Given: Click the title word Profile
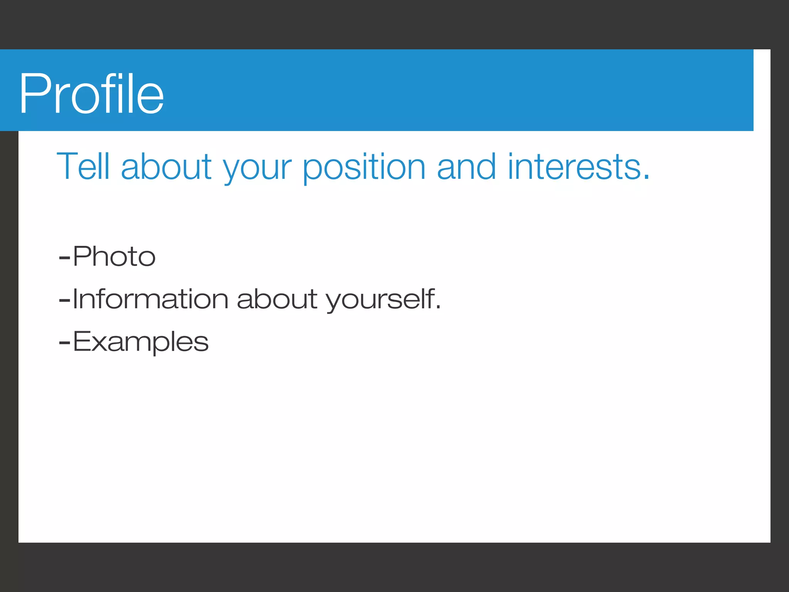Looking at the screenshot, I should tap(92, 94).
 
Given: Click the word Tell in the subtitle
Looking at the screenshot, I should tap(83, 166).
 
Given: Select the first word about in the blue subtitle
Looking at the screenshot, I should tap(166, 166).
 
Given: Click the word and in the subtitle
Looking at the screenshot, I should tap(466, 166).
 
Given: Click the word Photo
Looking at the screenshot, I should tap(114, 256).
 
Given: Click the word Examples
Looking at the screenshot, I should tap(141, 342).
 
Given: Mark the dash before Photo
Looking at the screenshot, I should tap(64, 257).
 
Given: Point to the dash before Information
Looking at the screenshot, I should tap(64, 300).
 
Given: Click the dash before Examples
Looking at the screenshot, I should tap(64, 343).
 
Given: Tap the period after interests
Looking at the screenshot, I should tap(646, 177).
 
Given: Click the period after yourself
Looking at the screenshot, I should tap(438, 308).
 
